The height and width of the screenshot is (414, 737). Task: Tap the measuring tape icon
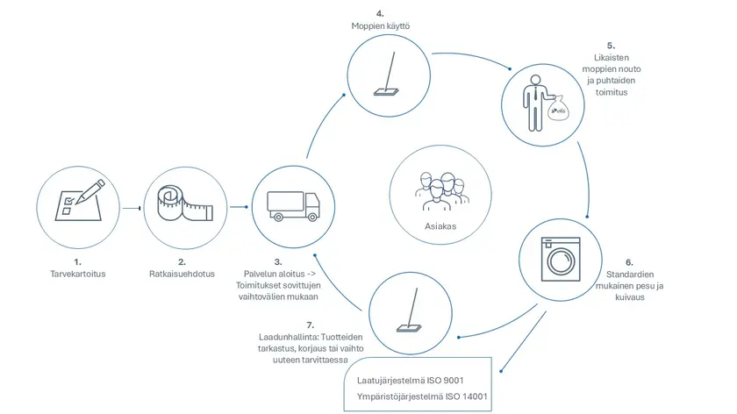[x=185, y=204]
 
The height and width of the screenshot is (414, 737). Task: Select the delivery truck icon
[x=293, y=206]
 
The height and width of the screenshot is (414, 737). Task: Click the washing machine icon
[x=561, y=260]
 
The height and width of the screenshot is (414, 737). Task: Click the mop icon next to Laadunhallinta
[x=410, y=310]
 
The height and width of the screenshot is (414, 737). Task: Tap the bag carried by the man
[x=558, y=108]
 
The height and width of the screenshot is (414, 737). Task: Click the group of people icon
[x=441, y=191]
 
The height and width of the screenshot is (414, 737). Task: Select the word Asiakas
[x=440, y=226]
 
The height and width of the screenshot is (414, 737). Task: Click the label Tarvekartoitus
[x=78, y=274]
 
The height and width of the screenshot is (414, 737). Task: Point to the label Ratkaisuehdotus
[x=182, y=274]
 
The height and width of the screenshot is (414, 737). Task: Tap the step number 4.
[x=380, y=14]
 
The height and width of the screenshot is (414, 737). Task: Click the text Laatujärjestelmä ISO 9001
[x=411, y=380]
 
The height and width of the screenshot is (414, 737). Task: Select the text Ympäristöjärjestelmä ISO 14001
[x=422, y=396]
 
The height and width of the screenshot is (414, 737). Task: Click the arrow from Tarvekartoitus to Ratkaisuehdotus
[x=132, y=208]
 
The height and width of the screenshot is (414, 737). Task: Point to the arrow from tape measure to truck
[x=240, y=207]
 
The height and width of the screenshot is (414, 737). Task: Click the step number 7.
[x=311, y=325]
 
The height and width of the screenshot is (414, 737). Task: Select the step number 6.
[x=629, y=262]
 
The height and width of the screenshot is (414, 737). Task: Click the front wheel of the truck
[x=312, y=217]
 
